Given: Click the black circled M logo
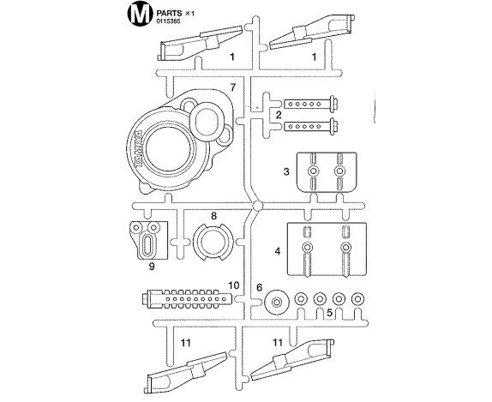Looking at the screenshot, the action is click(x=138, y=14).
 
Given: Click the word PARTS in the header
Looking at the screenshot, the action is click(x=169, y=13).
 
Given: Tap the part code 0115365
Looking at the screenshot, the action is click(x=168, y=22).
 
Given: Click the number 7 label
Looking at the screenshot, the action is click(x=232, y=87).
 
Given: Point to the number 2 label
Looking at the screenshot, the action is click(x=279, y=115).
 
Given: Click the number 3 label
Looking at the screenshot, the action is click(x=285, y=171).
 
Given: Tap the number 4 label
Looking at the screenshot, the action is click(x=278, y=251).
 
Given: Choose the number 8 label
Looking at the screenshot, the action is click(x=213, y=216).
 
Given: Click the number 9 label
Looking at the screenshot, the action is click(x=152, y=267).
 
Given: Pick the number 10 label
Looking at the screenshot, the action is click(x=234, y=285).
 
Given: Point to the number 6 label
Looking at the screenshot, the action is click(x=259, y=287).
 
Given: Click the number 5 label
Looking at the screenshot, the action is click(x=329, y=313).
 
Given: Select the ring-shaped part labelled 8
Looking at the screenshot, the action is click(x=197, y=242).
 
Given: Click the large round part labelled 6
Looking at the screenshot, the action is click(x=277, y=303).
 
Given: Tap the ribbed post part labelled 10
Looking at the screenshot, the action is click(x=188, y=299).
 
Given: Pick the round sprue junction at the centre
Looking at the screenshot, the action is click(x=257, y=206).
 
